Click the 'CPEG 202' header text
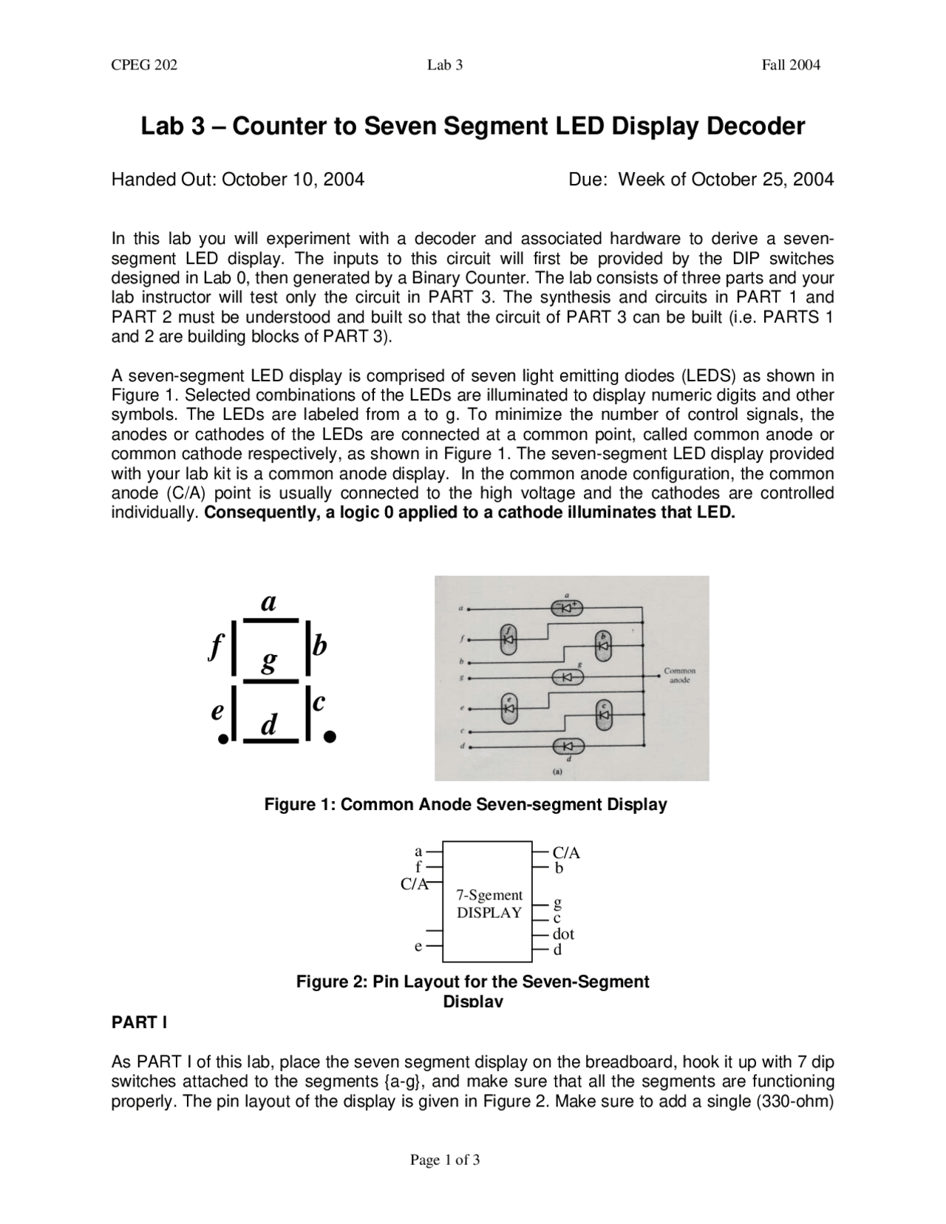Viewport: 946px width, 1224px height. pos(144,65)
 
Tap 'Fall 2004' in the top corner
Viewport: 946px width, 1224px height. pos(791,65)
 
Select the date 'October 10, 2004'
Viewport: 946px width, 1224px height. pos(293,180)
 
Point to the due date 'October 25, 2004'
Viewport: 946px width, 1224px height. pos(762,180)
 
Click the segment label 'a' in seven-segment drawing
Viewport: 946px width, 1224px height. pos(269,602)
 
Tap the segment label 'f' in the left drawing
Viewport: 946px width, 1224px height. pos(214,647)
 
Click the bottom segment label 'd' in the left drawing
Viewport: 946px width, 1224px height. pos(269,725)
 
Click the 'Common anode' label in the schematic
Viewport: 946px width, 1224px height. pos(680,676)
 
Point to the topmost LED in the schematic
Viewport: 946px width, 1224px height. pos(568,608)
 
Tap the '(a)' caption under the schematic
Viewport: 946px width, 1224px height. pos(557,771)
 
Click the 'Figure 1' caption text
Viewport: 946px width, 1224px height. pos(466,804)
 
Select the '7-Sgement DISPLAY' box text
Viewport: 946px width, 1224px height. pos(489,904)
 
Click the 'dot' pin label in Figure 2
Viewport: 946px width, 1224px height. pos(563,934)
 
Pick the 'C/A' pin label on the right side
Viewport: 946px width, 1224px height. pos(566,853)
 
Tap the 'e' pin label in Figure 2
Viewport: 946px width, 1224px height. pos(418,946)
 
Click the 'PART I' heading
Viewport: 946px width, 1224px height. pos(139,1023)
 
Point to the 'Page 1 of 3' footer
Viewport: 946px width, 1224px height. pos(445,1160)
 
